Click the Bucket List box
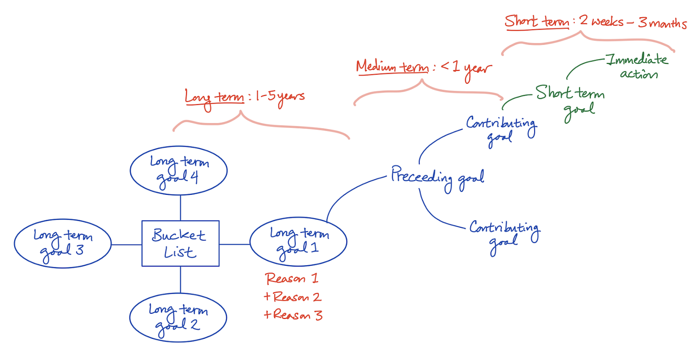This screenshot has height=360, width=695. (x=180, y=243)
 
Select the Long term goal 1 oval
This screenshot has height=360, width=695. (x=298, y=242)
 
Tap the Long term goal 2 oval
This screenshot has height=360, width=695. (x=178, y=317)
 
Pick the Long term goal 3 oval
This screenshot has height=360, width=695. (x=63, y=243)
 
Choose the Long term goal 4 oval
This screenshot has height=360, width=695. (x=178, y=171)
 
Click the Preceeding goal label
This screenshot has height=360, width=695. (x=438, y=177)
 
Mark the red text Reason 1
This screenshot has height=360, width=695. (x=292, y=279)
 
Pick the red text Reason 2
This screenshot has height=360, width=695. (x=293, y=297)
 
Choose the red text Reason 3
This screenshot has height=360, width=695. (x=293, y=315)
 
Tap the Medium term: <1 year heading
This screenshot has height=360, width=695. (x=423, y=68)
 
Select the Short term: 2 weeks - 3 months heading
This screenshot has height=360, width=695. (x=595, y=22)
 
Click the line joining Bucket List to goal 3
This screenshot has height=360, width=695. (x=126, y=245)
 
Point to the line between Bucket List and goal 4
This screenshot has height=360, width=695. (x=180, y=207)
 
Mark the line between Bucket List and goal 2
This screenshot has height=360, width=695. (x=180, y=279)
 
